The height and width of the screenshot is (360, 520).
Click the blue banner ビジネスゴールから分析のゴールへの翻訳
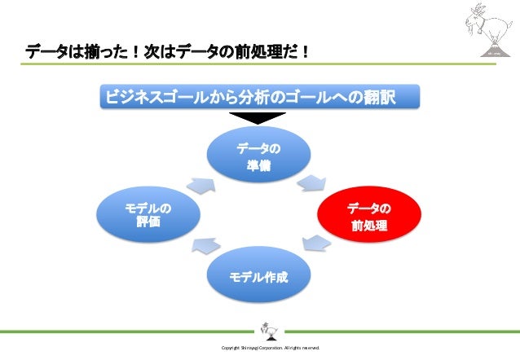point(259,98)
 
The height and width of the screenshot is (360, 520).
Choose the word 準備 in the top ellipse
point(259,165)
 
